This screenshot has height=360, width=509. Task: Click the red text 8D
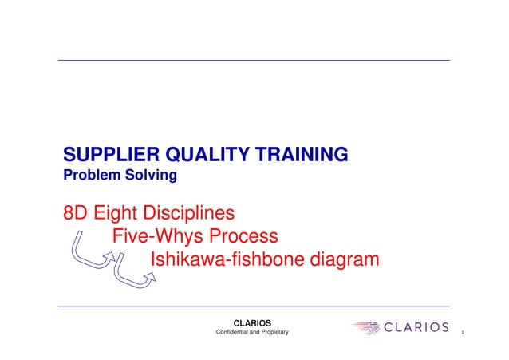[76, 214]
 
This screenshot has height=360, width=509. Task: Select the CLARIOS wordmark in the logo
[416, 327]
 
